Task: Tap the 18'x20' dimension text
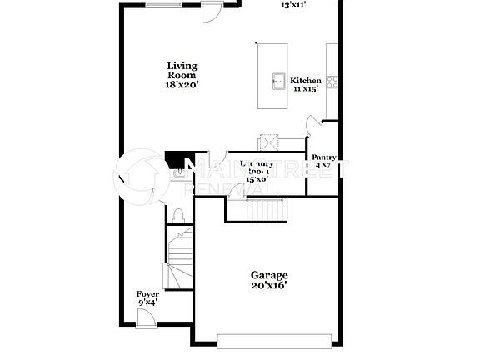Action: [x=181, y=84]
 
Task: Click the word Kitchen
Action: [x=305, y=81]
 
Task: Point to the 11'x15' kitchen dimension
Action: [x=306, y=88]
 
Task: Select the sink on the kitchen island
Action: [x=277, y=81]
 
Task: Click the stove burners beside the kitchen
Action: [x=332, y=82]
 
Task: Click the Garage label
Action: [x=269, y=275]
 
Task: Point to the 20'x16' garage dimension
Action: [x=269, y=286]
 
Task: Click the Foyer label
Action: [x=147, y=294]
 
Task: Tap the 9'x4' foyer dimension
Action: [x=147, y=302]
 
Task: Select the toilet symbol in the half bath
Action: [x=177, y=215]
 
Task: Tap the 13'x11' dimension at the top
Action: [x=293, y=5]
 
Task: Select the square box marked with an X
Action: [x=267, y=141]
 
